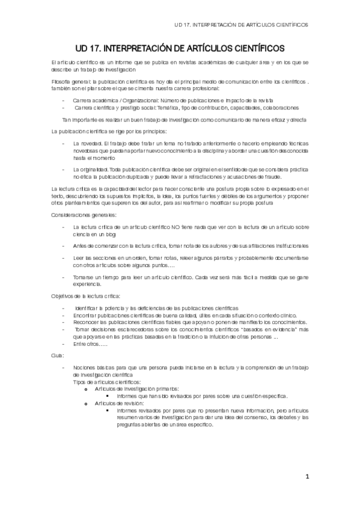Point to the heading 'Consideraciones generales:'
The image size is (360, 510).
[84, 215]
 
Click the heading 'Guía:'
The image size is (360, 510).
[58, 356]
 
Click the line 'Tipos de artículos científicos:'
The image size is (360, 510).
[107, 382]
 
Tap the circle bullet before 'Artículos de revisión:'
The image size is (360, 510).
[87, 404]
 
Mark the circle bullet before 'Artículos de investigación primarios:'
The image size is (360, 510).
[87, 389]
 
